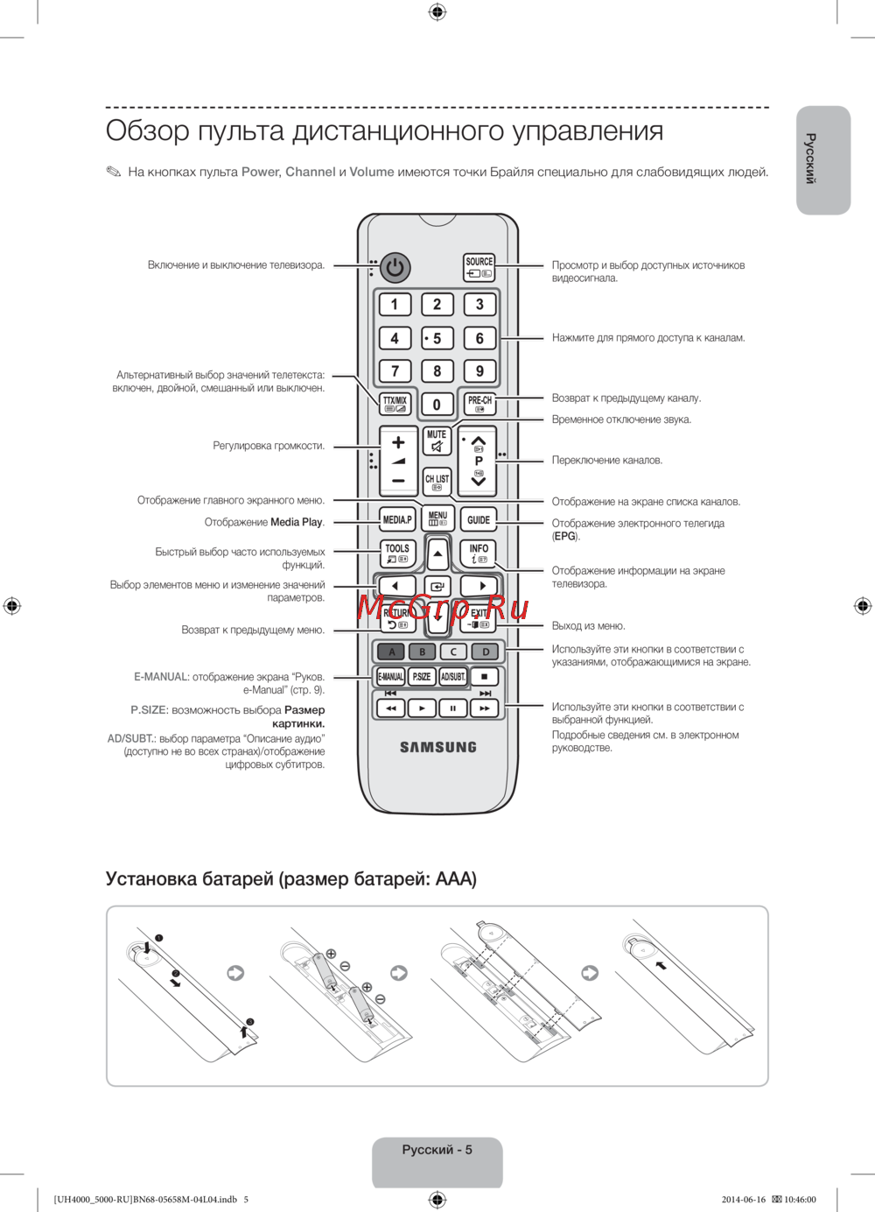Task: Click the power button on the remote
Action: coord(395,267)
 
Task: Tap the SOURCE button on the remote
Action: coord(479,267)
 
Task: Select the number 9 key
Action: coord(479,370)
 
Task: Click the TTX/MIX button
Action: coord(395,404)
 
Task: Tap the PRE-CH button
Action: coord(479,404)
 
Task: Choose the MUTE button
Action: coord(437,440)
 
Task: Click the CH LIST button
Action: coord(437,482)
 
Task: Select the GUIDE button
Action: coord(479,519)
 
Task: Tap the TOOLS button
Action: coord(397,553)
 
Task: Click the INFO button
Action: coord(479,553)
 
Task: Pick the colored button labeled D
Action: coord(486,652)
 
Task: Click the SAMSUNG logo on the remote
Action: coord(438,747)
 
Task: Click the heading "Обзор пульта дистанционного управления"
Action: coord(384,130)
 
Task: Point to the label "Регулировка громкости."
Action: coord(269,446)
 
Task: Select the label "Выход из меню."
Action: coord(588,626)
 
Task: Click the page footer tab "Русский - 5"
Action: coord(437,1150)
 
